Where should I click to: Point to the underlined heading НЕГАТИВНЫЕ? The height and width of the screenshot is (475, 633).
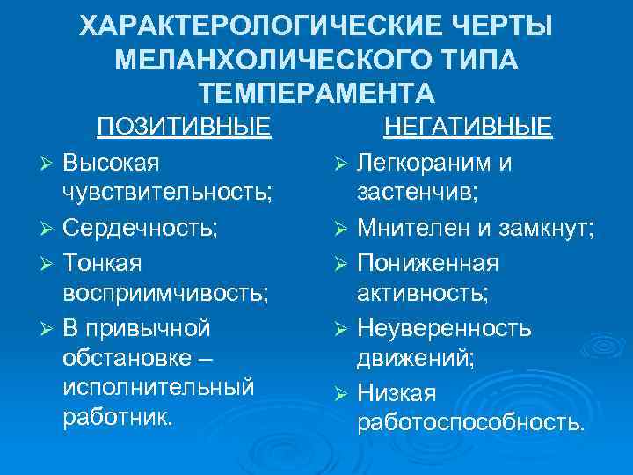click(x=469, y=128)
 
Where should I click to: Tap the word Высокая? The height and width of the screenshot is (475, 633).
click(x=111, y=163)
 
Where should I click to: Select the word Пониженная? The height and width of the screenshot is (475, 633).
click(x=427, y=262)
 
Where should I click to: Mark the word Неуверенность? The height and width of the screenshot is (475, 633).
click(x=443, y=328)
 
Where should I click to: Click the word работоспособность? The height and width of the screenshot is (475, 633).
click(x=469, y=424)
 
